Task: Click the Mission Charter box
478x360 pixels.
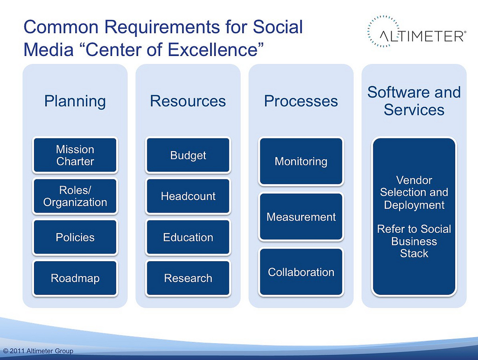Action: tap(75, 155)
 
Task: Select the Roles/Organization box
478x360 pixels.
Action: tap(75, 196)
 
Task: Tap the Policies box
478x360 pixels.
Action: tap(75, 237)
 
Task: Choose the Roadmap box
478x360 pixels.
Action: tap(75, 278)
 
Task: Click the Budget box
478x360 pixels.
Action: tap(188, 155)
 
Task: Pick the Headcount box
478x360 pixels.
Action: tap(188, 196)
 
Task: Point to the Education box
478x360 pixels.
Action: tap(188, 237)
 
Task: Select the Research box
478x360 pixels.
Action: tap(188, 278)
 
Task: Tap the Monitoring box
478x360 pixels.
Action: tap(301, 161)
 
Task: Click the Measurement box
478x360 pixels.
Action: tap(301, 217)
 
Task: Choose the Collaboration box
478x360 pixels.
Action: tap(301, 272)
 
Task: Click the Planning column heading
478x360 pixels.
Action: tap(75, 101)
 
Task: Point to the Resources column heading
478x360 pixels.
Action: tap(188, 101)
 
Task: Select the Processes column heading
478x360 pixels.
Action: tap(301, 101)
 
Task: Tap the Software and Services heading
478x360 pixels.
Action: tap(414, 101)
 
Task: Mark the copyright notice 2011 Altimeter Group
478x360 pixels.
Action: tap(38, 351)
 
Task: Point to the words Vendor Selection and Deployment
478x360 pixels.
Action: tap(414, 193)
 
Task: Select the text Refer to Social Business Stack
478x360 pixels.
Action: tap(414, 241)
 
